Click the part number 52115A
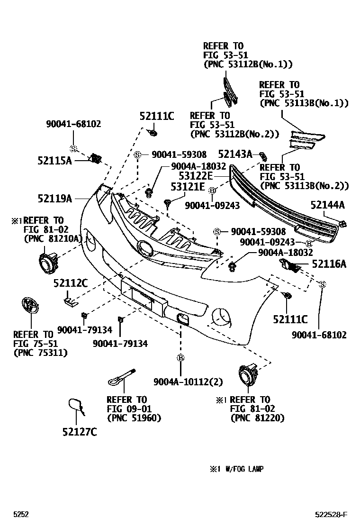coord(54,161)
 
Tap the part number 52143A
coord(235,154)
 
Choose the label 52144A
coord(327,205)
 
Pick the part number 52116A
coord(329,264)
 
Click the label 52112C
coord(71,283)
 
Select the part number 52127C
coord(79,432)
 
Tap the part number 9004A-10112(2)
coord(188,382)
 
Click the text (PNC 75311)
coord(40,353)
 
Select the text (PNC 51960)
coord(134,418)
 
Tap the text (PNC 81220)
coord(257,418)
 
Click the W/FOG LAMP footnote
coord(236,469)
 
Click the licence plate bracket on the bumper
coord(143,297)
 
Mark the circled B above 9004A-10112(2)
coord(180,358)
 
